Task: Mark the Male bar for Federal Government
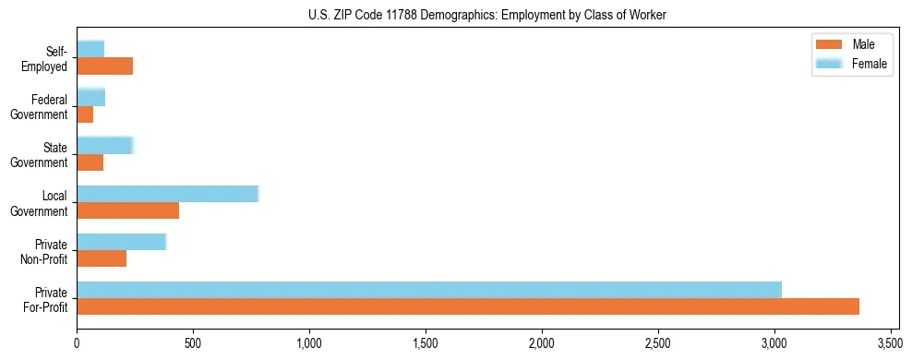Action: (x=85, y=114)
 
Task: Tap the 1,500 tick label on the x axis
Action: (x=425, y=343)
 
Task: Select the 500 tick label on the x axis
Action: (x=193, y=343)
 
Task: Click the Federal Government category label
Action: (x=40, y=106)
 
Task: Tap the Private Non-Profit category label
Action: (x=43, y=251)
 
